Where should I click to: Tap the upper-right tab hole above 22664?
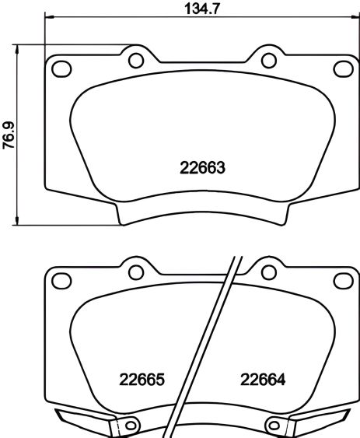click(x=268, y=272)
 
